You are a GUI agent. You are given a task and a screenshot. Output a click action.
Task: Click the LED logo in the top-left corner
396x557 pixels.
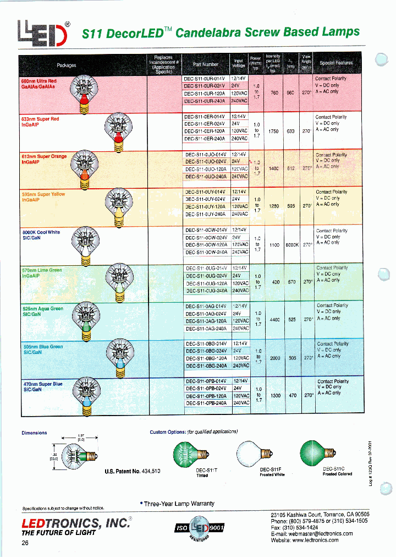click(x=45, y=33)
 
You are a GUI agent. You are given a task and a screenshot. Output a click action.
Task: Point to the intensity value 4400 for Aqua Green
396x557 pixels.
click(x=274, y=319)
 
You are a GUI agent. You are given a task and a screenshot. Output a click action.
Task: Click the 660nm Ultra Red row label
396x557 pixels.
click(x=39, y=84)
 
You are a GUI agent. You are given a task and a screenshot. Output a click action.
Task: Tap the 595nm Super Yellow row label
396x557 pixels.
click(x=43, y=197)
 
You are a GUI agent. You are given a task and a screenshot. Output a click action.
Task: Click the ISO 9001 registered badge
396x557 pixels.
click(x=202, y=528)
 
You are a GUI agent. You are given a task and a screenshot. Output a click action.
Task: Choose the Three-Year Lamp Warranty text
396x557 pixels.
click(x=178, y=504)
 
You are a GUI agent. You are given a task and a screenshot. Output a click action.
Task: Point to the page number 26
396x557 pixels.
click(x=25, y=543)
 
